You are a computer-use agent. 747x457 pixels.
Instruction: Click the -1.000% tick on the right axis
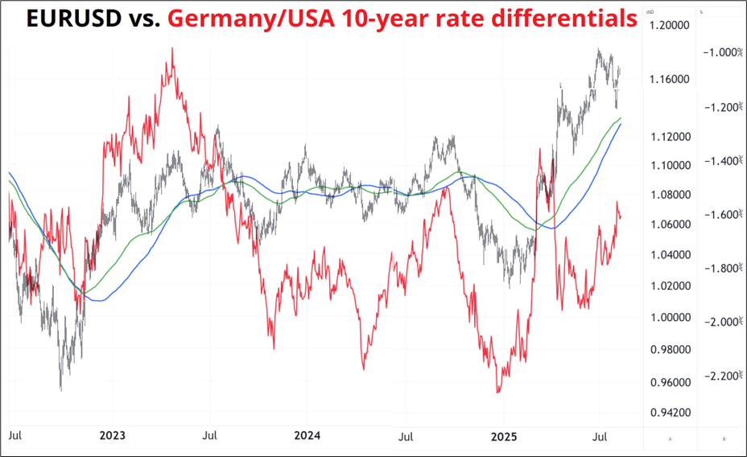(x=721, y=52)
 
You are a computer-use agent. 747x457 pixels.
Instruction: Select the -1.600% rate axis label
(x=721, y=215)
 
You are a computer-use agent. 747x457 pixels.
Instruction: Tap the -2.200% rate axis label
(x=721, y=376)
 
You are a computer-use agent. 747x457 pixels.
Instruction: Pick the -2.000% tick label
(x=721, y=322)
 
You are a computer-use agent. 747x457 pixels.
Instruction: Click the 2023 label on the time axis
(x=112, y=436)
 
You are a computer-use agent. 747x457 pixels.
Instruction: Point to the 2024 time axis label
(x=307, y=436)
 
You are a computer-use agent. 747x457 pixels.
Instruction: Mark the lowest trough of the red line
(x=498, y=393)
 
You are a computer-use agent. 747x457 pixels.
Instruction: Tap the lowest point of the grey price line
(x=60, y=390)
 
